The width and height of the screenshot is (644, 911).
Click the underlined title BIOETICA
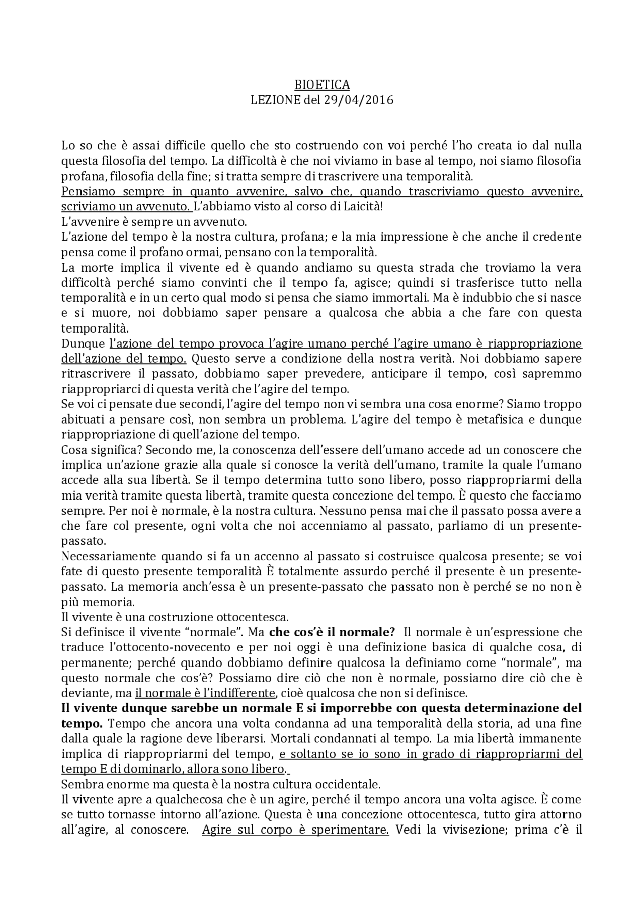(322, 85)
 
